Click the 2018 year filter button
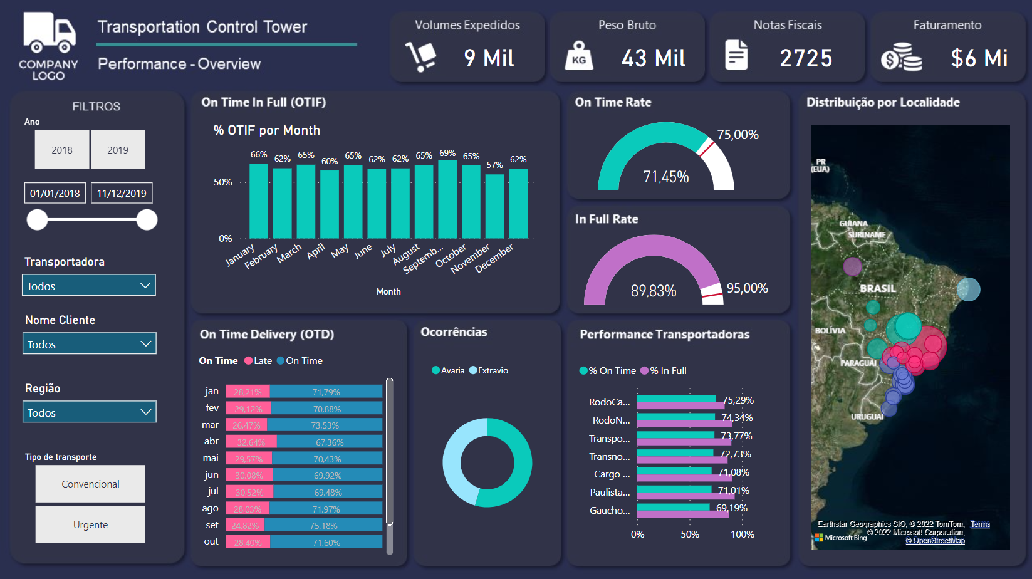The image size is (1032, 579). coord(62,150)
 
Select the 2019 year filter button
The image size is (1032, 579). coord(118,150)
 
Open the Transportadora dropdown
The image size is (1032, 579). coord(89,286)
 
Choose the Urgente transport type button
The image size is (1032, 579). coord(90,524)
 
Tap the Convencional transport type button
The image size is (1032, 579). coord(90,484)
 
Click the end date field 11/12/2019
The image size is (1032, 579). coord(122,193)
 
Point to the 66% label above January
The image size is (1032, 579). coord(259,155)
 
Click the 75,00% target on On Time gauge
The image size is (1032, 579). coord(738,135)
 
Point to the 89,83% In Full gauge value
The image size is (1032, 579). coord(654,291)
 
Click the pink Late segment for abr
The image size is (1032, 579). coord(251,442)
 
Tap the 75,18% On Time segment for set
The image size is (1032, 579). coord(323,525)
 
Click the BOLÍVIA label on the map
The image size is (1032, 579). coord(830,330)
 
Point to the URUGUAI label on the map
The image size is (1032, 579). coord(867,417)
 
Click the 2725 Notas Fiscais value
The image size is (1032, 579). coord(806,58)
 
